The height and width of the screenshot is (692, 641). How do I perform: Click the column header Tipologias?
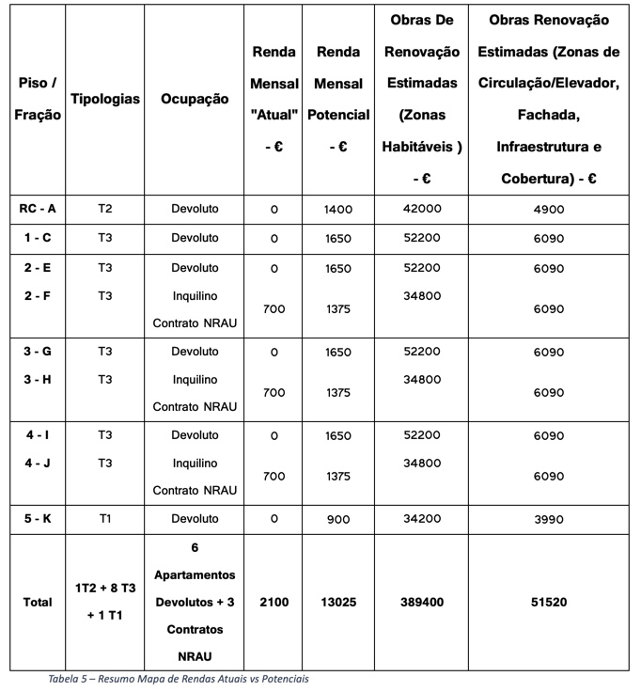click(x=105, y=99)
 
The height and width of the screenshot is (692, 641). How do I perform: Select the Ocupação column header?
click(x=195, y=99)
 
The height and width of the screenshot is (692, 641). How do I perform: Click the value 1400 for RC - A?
click(x=337, y=210)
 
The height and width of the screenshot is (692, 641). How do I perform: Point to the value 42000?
click(x=421, y=209)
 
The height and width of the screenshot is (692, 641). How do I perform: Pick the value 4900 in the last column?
click(x=548, y=209)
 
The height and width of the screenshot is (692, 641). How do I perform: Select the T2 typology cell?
click(x=105, y=209)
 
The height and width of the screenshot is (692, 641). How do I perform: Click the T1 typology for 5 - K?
click(x=105, y=519)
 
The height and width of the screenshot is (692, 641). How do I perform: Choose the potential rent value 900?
click(x=337, y=520)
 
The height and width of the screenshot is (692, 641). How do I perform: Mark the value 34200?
click(x=421, y=519)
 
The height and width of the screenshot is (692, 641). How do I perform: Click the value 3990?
click(x=548, y=519)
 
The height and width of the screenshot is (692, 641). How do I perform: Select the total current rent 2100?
click(x=274, y=602)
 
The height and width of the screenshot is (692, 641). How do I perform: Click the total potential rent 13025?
click(x=337, y=602)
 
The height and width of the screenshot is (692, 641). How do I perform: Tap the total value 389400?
click(x=421, y=602)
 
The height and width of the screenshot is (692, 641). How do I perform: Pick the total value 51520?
click(x=548, y=602)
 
